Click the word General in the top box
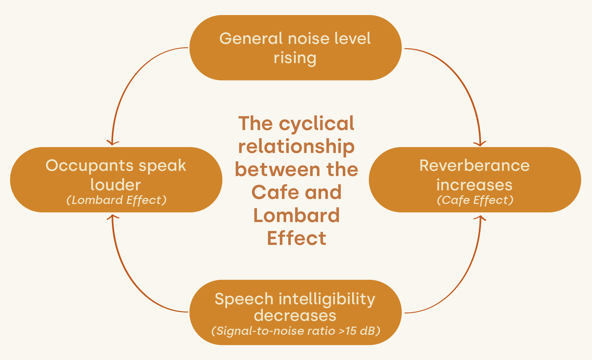(251, 38)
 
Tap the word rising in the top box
(295, 58)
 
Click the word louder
(115, 185)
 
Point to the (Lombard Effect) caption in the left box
(116, 200)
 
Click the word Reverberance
(474, 166)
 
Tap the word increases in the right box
(474, 185)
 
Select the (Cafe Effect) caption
(475, 200)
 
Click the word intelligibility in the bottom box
(327, 300)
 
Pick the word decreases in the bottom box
(295, 315)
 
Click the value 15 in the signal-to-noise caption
(351, 331)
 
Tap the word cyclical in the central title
(316, 124)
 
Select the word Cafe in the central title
(275, 192)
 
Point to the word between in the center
(278, 170)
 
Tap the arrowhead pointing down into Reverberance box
(480, 144)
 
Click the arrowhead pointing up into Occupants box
(113, 216)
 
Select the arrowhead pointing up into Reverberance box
(480, 218)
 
